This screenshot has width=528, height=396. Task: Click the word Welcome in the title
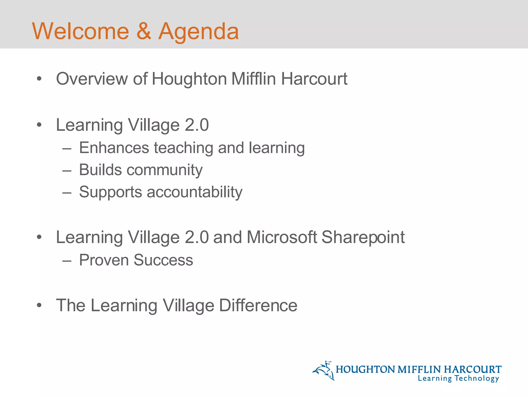(80, 31)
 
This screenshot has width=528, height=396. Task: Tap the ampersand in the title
(144, 31)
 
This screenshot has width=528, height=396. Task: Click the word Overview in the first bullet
(92, 79)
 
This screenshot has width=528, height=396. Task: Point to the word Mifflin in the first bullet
(253, 79)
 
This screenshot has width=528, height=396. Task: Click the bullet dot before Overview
(39, 79)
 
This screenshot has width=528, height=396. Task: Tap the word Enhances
(114, 148)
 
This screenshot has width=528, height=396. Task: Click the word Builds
(100, 170)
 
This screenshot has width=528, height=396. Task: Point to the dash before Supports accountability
(67, 192)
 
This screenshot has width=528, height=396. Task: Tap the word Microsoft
(282, 237)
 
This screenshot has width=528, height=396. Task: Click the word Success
(163, 260)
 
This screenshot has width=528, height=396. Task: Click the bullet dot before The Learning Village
(39, 306)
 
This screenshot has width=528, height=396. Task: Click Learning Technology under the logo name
(458, 378)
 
